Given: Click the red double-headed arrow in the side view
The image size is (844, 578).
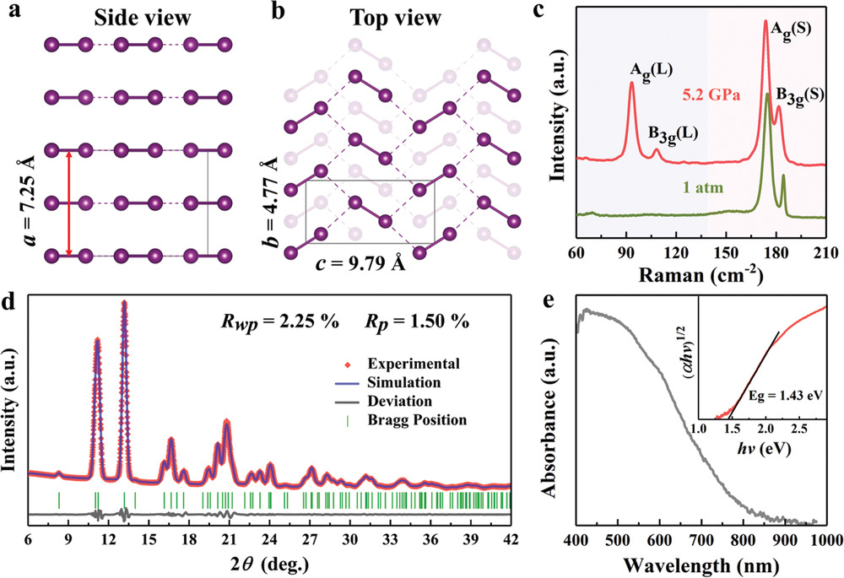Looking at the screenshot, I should tap(68, 202).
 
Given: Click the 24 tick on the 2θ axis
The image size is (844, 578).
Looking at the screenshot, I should tap(269, 539).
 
